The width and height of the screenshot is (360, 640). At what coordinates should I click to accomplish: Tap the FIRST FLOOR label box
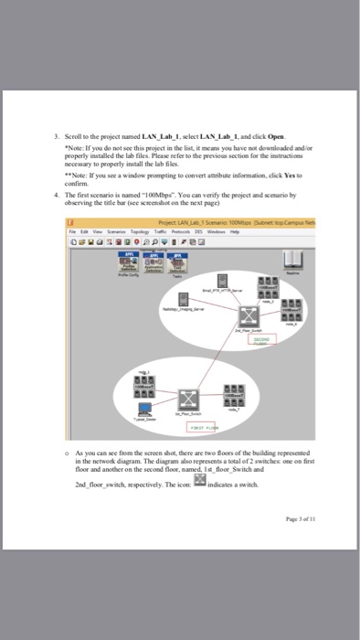pyautogui.click(x=206, y=426)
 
